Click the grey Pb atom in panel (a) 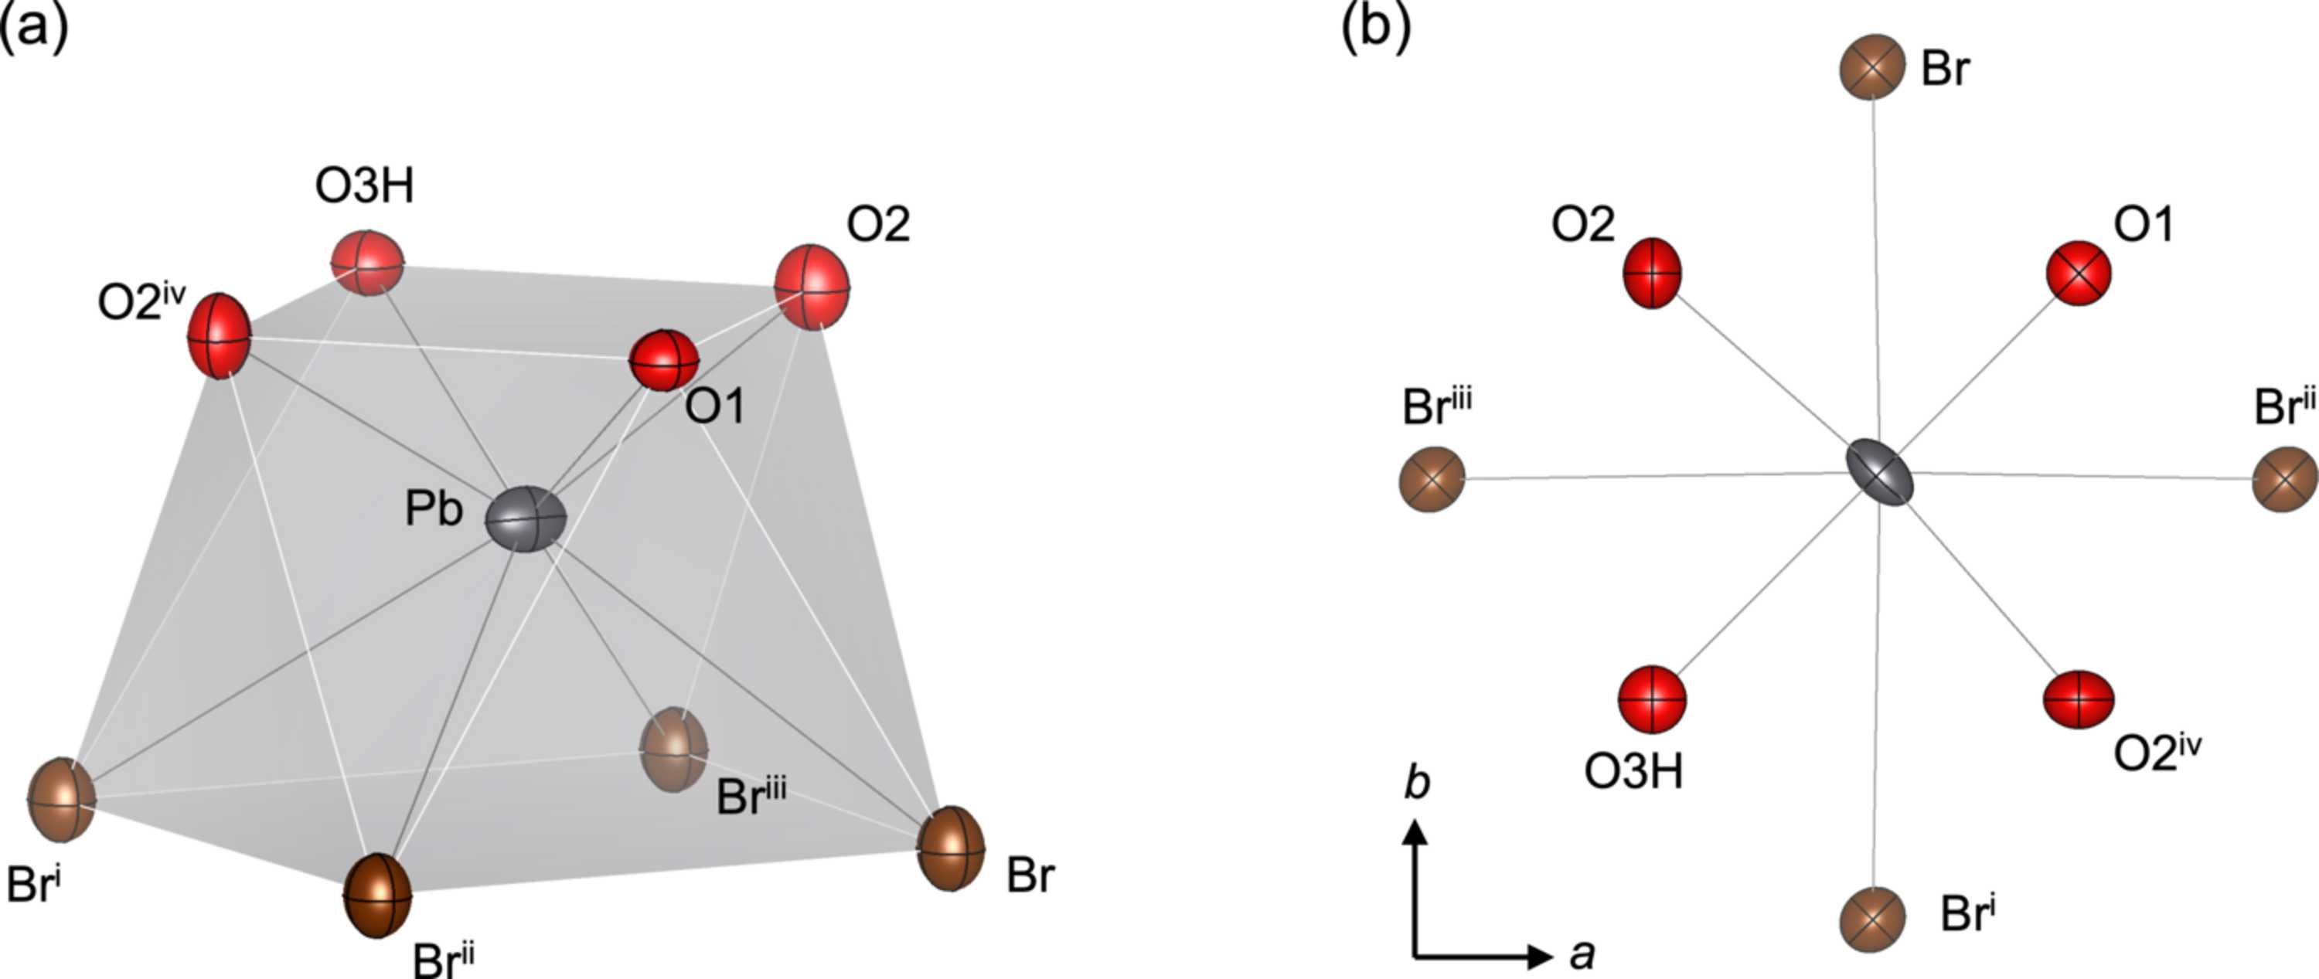[526, 519]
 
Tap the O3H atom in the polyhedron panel [367, 263]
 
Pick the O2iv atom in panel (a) [219, 335]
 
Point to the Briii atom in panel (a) [673, 750]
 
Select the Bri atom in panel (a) [61, 800]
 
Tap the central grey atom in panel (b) [1879, 474]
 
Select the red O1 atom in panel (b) [2079, 273]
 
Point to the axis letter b [1417, 782]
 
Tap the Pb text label [434, 509]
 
